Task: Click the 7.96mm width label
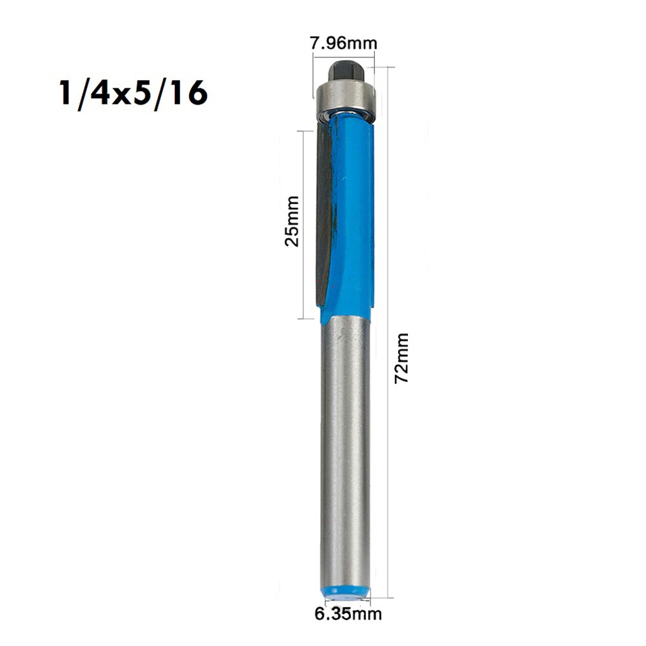(343, 44)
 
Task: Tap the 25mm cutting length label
(292, 221)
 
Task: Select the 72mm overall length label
(401, 358)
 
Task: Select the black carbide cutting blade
(324, 213)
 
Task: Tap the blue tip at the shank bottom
(345, 590)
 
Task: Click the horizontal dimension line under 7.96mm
(343, 57)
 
